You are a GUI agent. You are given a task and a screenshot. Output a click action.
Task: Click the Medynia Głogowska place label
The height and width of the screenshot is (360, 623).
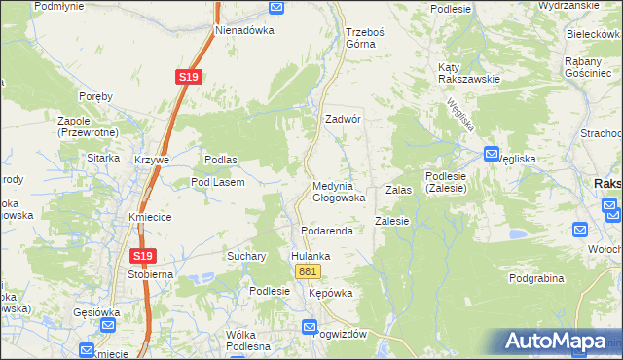pos(339,192)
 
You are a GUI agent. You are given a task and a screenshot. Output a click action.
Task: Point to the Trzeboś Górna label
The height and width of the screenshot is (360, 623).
pos(366,37)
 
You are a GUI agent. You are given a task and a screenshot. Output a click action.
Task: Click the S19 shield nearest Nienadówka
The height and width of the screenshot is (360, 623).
pos(189,77)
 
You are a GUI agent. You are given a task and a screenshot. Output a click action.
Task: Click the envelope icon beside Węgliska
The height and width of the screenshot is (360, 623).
pos(492,154)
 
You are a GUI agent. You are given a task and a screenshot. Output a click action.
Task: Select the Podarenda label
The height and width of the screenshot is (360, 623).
pos(325,230)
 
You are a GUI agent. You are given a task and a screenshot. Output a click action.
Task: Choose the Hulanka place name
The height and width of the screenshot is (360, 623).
pos(311,256)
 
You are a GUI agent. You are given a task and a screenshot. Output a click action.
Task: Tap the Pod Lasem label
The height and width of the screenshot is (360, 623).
pos(217,182)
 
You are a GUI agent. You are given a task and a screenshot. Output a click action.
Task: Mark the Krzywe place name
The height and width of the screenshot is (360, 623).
pos(153,160)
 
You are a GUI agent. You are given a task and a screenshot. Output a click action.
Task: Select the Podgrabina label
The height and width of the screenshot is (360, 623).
pos(536,278)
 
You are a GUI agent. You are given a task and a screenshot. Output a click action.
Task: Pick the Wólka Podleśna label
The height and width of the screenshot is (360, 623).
pos(247,340)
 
